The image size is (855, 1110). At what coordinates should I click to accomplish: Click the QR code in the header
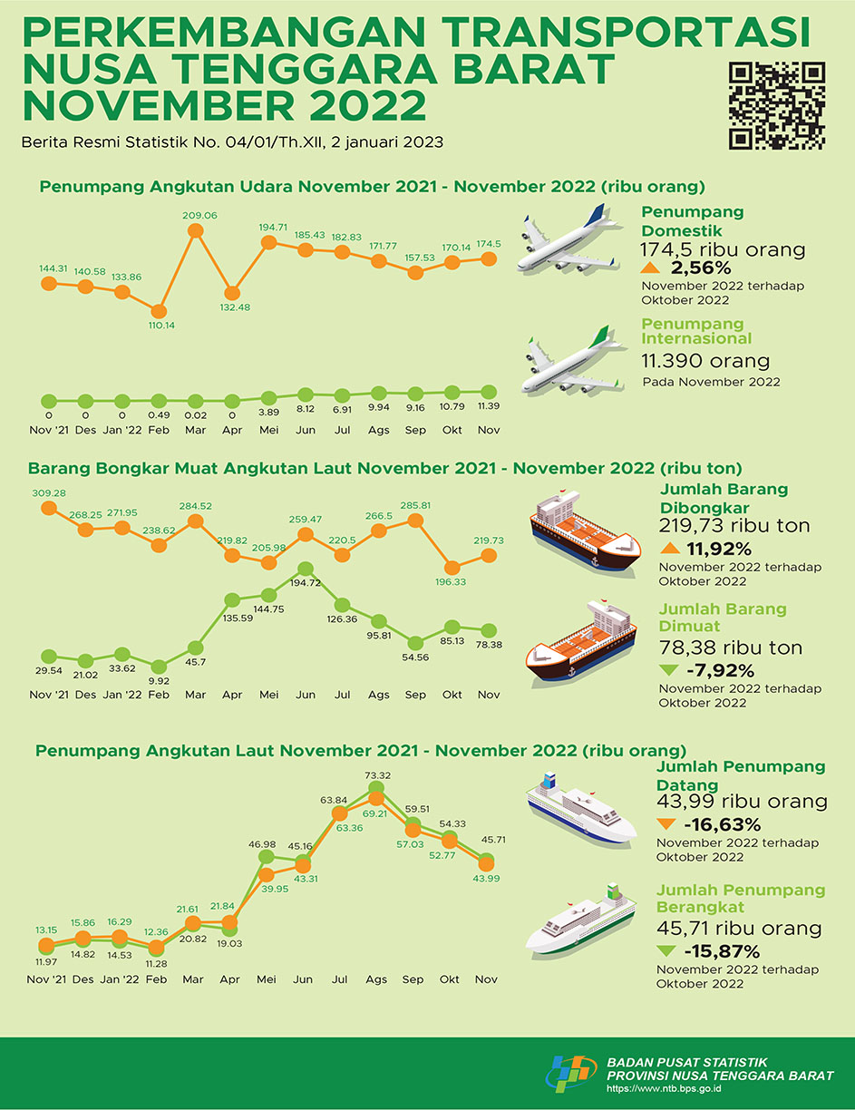point(777,105)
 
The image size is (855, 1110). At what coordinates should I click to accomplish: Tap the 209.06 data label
point(196,216)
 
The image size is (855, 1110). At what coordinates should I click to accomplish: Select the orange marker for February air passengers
point(159,311)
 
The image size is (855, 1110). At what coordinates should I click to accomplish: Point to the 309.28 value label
point(49,492)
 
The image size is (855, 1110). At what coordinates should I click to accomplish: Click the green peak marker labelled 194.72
point(306,569)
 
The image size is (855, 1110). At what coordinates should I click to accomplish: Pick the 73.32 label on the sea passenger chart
point(377,775)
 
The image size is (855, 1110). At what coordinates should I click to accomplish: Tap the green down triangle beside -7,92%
point(669,671)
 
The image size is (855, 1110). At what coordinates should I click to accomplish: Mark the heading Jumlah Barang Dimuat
point(722,618)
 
